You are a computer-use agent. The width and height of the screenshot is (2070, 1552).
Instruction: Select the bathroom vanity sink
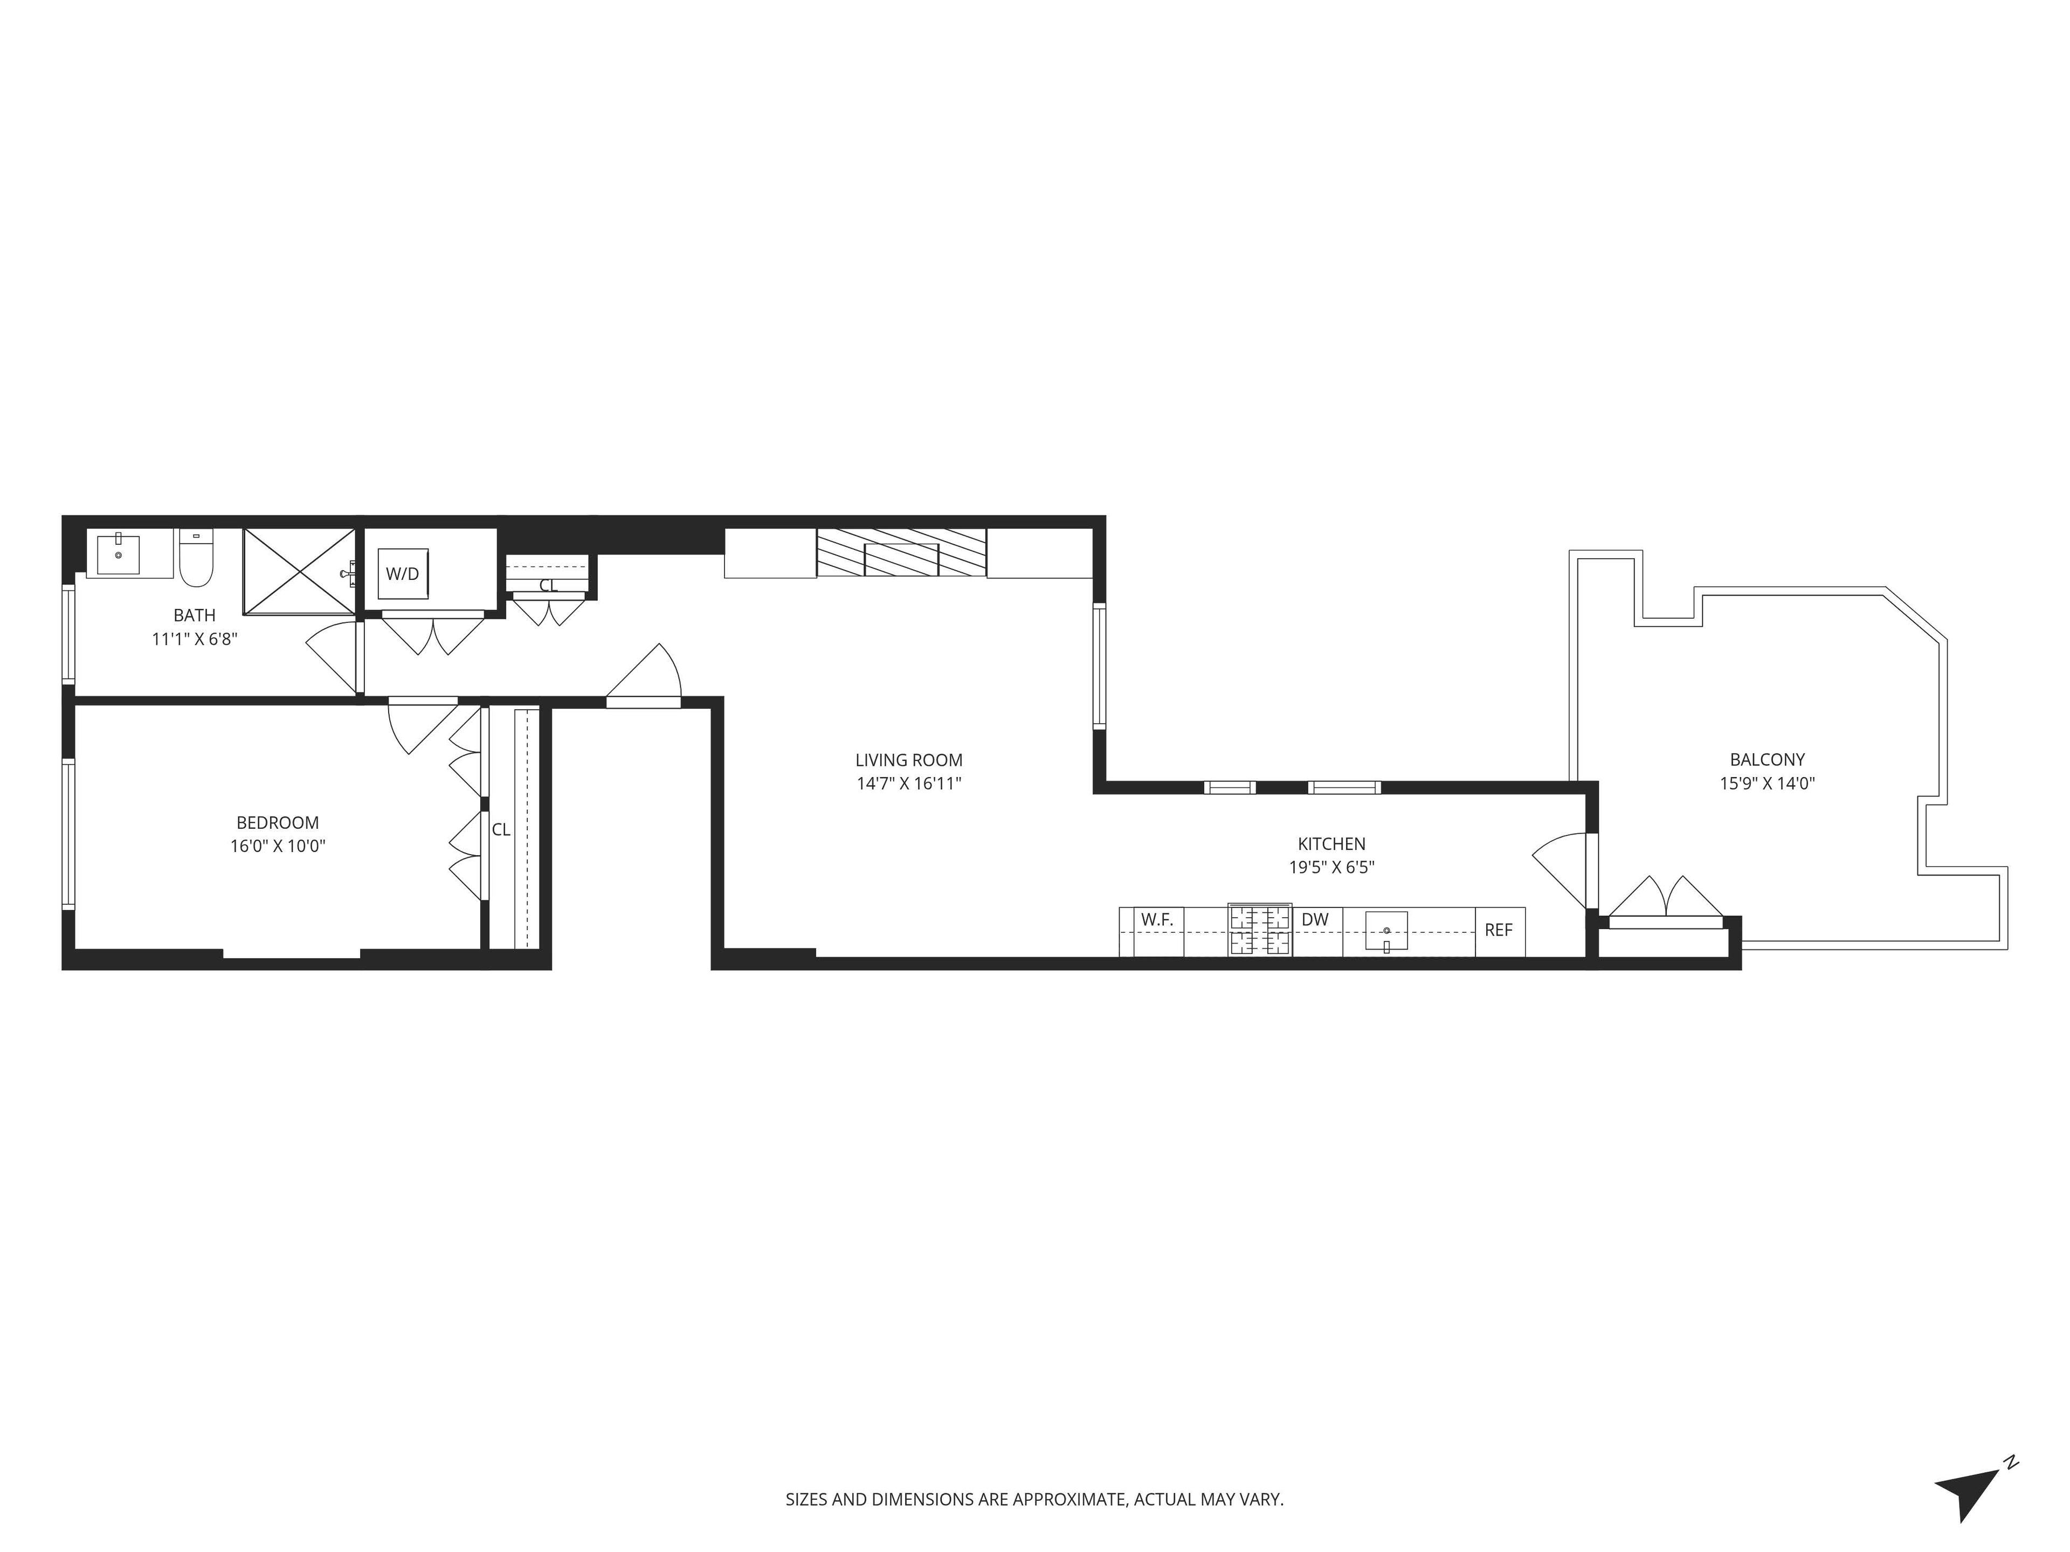tap(119, 554)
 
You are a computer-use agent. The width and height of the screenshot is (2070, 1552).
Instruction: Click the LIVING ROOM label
tap(909, 760)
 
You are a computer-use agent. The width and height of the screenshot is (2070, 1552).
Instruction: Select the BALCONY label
tap(1767, 760)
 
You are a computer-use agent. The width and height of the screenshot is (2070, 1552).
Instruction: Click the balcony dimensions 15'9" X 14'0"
tap(1767, 784)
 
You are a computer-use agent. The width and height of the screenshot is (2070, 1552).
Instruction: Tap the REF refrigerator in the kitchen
tap(1499, 931)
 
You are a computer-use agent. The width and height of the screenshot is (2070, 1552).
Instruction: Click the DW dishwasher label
tap(1315, 919)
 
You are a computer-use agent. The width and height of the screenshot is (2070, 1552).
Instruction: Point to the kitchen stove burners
tap(1260, 930)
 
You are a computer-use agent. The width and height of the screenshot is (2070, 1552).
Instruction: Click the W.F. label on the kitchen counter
tap(1157, 919)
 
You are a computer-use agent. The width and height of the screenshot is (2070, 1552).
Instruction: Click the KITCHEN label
tap(1331, 844)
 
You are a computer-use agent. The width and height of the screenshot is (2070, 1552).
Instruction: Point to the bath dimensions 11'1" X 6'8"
tap(195, 639)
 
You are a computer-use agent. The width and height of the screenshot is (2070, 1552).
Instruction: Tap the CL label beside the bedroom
tap(501, 830)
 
